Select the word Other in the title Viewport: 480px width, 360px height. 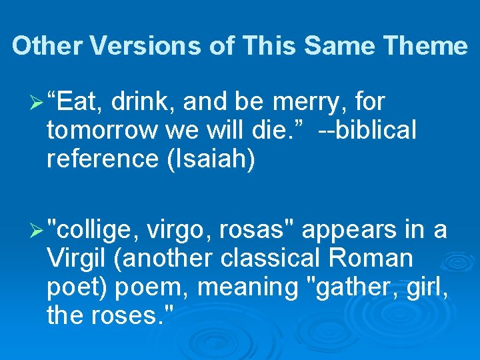(47, 46)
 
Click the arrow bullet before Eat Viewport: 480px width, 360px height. (38, 103)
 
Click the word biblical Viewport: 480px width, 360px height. (377, 131)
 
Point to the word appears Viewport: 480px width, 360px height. (350, 230)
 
